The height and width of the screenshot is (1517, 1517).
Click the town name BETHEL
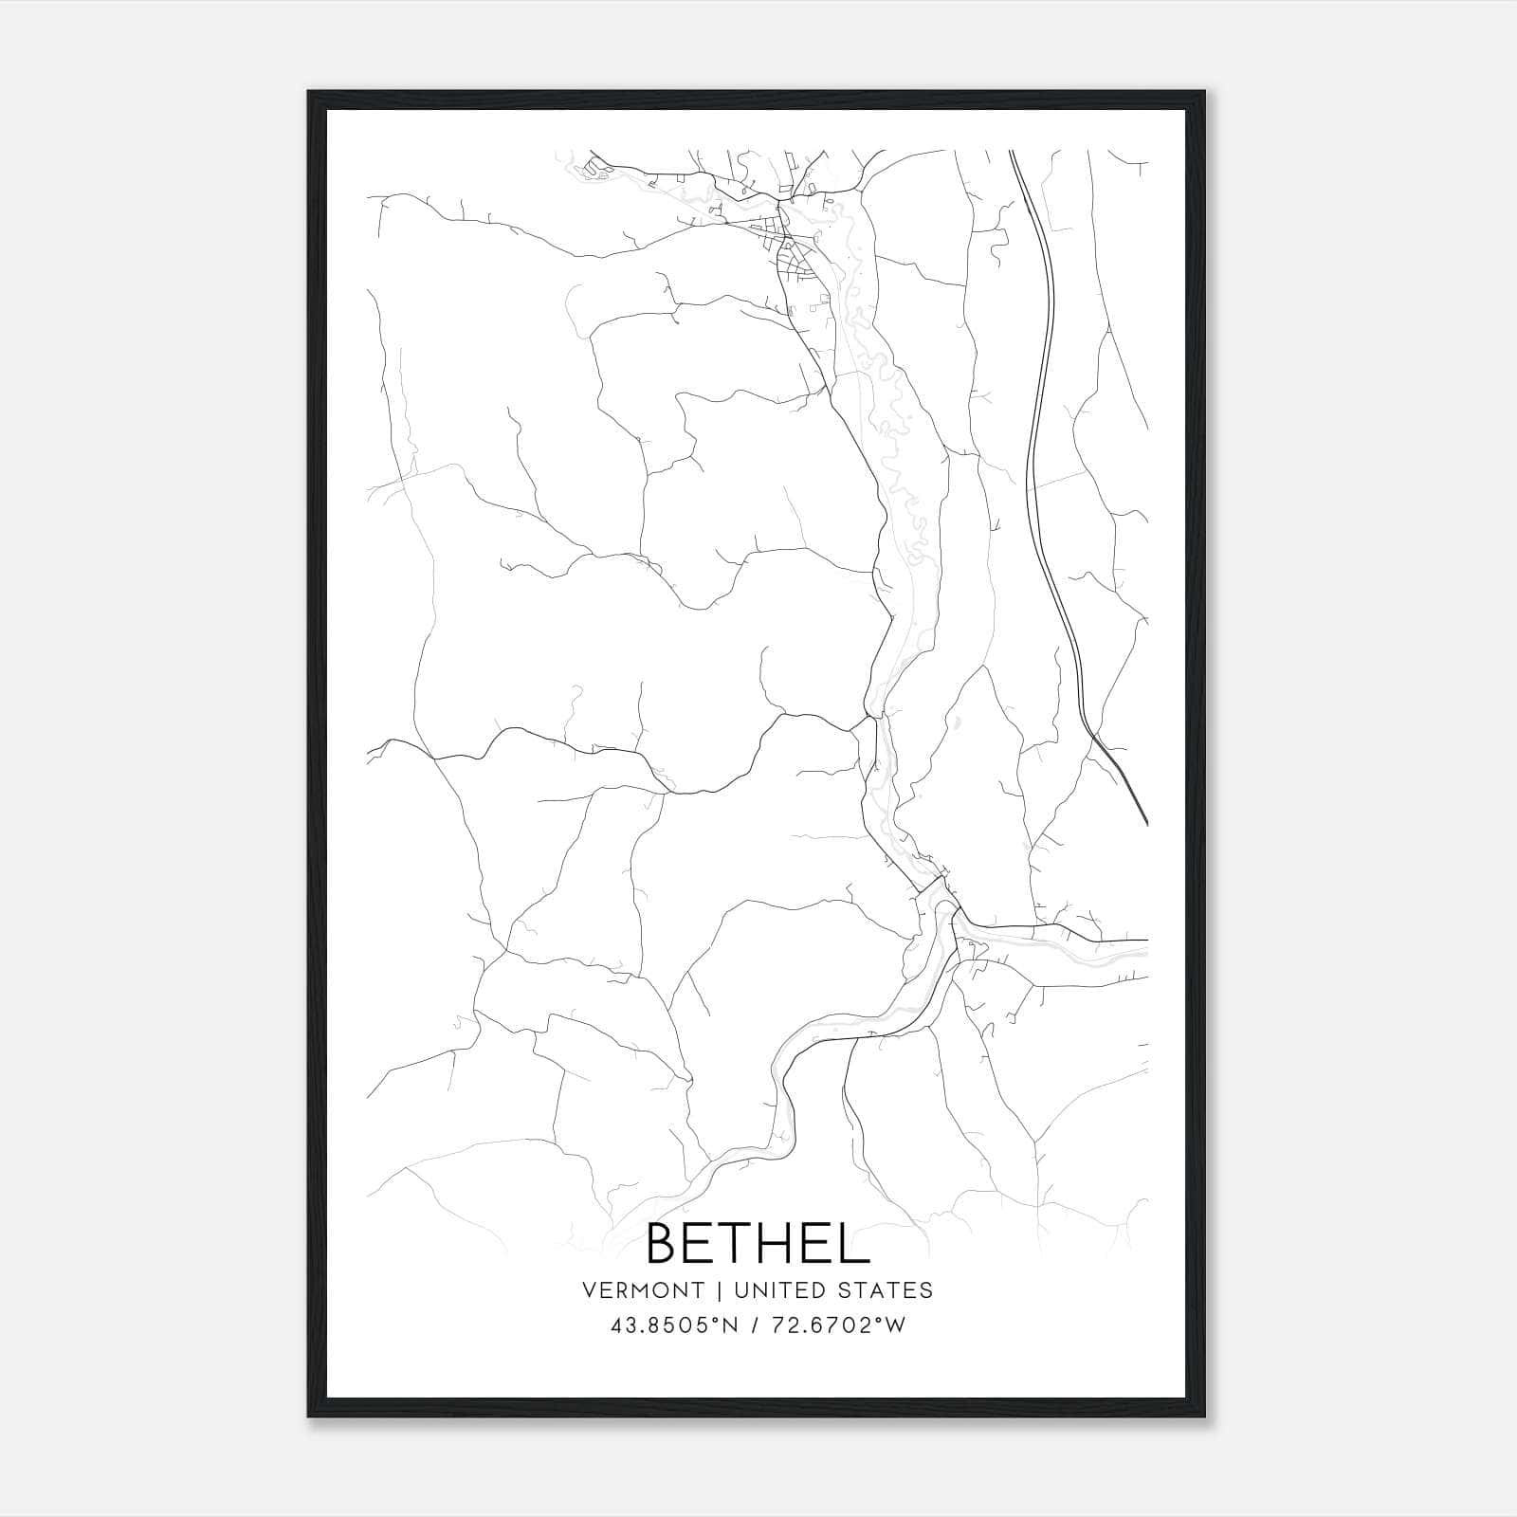(758, 1244)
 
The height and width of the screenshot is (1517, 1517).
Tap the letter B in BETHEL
(665, 1244)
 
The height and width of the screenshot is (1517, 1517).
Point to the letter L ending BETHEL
(855, 1244)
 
